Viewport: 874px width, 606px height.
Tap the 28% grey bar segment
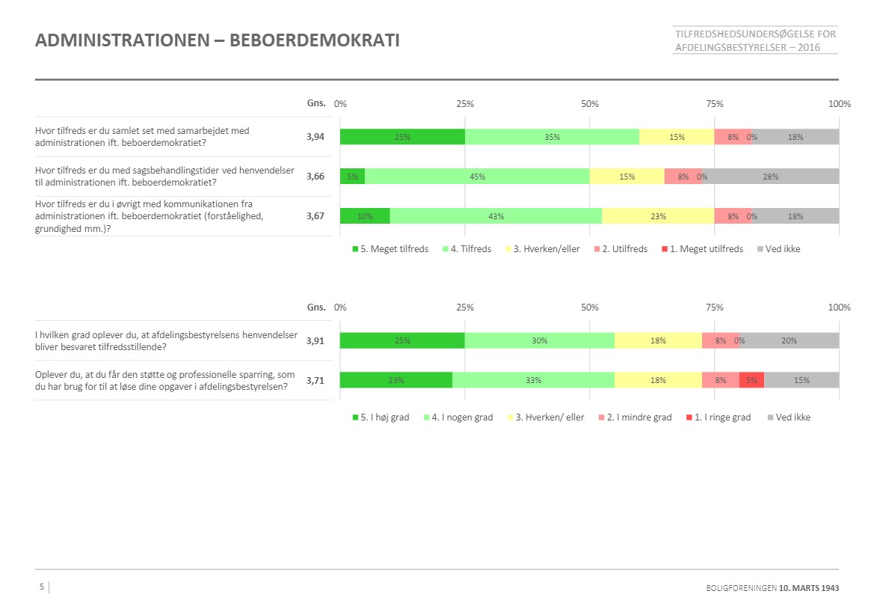tap(770, 177)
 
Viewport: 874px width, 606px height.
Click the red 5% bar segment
tap(751, 380)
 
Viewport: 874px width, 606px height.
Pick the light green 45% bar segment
tap(477, 177)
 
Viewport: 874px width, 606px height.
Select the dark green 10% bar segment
tap(365, 216)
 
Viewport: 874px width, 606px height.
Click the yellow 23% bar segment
tap(658, 216)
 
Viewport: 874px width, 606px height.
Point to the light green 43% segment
tap(496, 216)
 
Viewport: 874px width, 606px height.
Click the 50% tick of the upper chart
tap(590, 104)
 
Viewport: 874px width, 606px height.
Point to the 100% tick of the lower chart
tap(839, 307)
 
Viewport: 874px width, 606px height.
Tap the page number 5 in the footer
tap(42, 587)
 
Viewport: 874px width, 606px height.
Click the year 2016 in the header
tap(808, 47)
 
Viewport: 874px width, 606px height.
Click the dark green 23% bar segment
tap(396, 380)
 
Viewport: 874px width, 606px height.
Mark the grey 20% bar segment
tap(789, 340)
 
